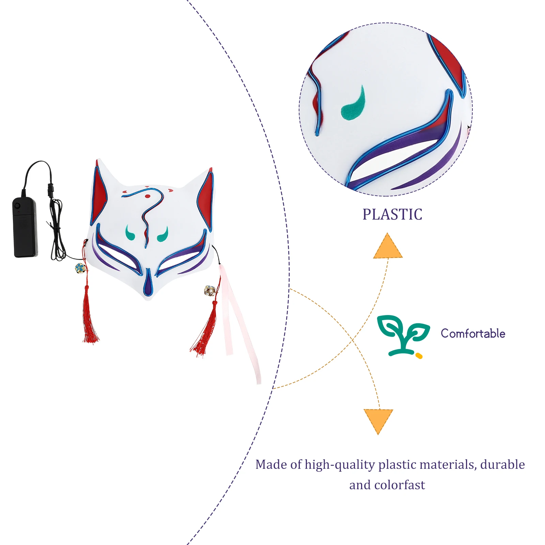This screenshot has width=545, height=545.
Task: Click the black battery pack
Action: click(25, 227)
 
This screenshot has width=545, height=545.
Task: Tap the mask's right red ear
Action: click(206, 198)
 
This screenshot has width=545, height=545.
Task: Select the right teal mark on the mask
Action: click(163, 234)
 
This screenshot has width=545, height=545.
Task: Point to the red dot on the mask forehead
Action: click(147, 196)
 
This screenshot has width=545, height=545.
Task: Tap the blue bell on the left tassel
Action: click(80, 268)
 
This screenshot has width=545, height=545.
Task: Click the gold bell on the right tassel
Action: click(209, 291)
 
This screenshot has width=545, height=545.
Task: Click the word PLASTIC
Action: click(392, 215)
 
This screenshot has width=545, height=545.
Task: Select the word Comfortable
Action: click(473, 333)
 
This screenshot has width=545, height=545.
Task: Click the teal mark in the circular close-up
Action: click(354, 104)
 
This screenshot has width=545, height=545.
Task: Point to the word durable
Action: click(502, 465)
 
